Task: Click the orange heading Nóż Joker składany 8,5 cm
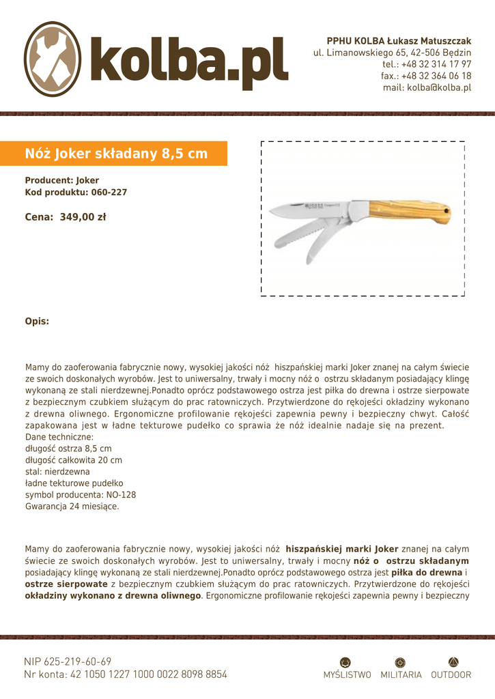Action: pos(116,154)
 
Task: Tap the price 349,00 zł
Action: pos(83,218)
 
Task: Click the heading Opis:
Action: pos(37,321)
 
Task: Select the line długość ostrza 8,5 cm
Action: pos(68,448)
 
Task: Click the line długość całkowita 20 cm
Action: pos(74,460)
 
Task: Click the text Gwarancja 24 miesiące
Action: pos(72,507)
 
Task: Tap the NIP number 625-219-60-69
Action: pos(77,661)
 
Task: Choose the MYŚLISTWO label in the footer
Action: pos(348,674)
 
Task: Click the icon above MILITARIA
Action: pos(401,661)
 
